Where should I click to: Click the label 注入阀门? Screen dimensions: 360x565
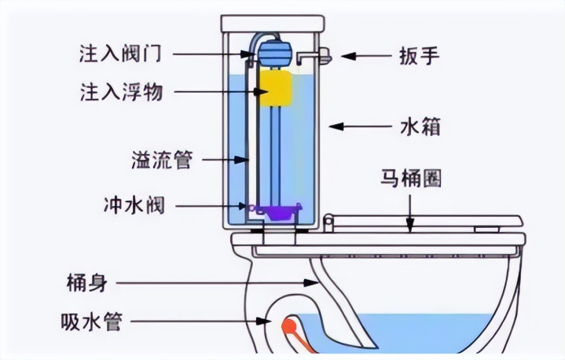coord(121,53)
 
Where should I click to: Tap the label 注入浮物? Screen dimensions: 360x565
coord(121,92)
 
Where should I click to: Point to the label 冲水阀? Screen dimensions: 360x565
coord(132,206)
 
